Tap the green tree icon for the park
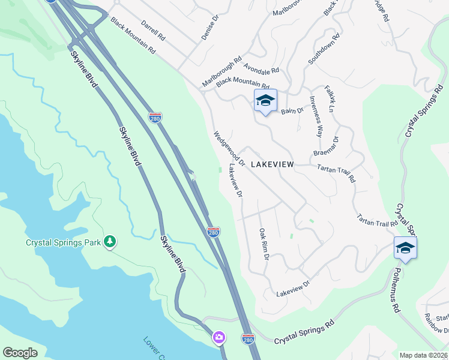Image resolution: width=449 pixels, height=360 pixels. [109, 241]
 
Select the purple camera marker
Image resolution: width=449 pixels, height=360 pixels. [218, 338]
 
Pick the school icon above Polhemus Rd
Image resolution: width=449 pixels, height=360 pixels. [405, 248]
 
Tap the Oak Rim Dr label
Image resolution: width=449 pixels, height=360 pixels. [264, 243]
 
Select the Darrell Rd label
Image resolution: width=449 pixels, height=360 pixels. [152, 32]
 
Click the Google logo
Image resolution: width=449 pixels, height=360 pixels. [20, 352]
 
